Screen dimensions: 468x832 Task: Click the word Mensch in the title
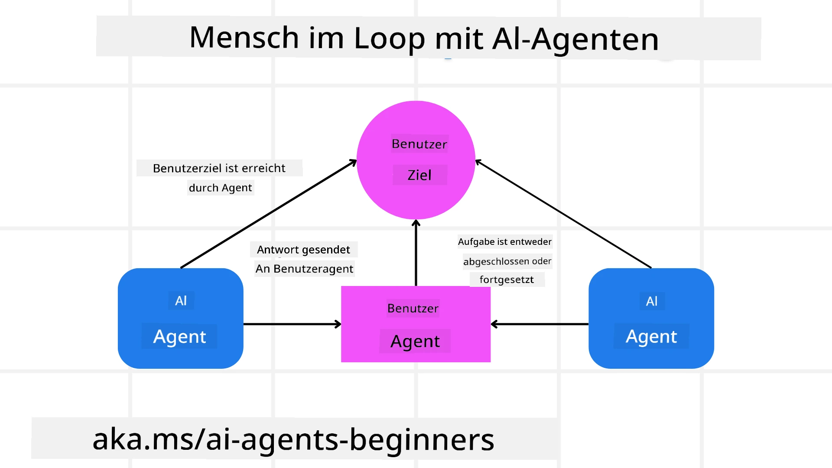(x=244, y=38)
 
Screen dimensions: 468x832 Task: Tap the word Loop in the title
(x=390, y=39)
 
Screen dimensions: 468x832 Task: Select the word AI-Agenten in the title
(x=575, y=39)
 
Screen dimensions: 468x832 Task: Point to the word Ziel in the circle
(x=419, y=175)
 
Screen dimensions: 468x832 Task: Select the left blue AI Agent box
(x=180, y=318)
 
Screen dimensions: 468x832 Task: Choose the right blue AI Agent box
(x=651, y=318)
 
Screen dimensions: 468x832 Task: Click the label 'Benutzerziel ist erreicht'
(x=219, y=168)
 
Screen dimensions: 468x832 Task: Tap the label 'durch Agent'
(x=220, y=188)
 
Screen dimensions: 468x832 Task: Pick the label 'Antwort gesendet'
(x=303, y=250)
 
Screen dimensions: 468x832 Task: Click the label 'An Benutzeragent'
(x=304, y=269)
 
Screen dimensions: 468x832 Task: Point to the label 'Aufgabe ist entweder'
(x=505, y=241)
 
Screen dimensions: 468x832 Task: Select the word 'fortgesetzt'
(x=507, y=279)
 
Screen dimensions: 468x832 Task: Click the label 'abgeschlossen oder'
(x=507, y=261)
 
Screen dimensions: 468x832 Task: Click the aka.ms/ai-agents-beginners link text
(x=293, y=439)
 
